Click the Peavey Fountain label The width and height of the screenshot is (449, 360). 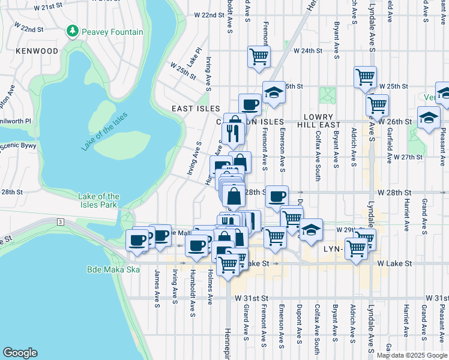pos(113,31)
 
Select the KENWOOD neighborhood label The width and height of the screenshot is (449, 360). pos(37,52)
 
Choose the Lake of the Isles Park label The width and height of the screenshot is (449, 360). pos(99,200)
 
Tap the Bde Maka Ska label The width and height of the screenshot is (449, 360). pos(113,269)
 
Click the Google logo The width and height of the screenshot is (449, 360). pos(20,353)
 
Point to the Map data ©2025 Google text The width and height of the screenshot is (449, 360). pos(411,355)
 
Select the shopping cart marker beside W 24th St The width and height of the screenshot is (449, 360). pos(259,57)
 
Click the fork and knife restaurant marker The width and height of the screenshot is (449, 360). pos(233,132)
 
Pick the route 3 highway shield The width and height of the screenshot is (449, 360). pos(61,222)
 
